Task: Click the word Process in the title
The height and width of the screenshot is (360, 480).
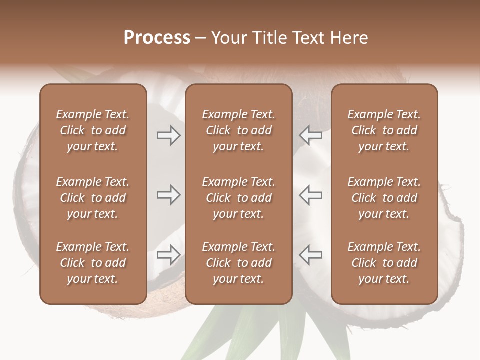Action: [157, 38]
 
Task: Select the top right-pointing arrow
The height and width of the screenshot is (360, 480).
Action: [168, 135]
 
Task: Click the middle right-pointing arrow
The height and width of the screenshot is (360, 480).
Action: [168, 195]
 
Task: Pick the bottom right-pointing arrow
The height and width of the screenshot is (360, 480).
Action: [168, 255]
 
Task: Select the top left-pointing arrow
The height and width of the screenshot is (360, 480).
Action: [311, 135]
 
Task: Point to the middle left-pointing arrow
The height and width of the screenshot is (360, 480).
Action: [311, 195]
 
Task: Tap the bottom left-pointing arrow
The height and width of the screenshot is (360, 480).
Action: [311, 255]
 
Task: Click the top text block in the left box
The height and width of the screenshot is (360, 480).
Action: [93, 130]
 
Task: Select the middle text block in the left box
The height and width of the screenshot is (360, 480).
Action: [93, 198]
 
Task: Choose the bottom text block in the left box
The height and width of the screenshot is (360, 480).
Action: [93, 263]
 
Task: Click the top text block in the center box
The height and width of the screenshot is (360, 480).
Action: [238, 130]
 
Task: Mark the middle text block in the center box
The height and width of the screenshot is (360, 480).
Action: [238, 198]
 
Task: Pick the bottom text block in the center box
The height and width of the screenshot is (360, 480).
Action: [238, 263]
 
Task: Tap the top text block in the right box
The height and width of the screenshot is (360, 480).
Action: [384, 130]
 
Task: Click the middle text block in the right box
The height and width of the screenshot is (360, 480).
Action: [384, 198]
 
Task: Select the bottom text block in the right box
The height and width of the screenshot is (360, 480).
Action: [384, 263]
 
